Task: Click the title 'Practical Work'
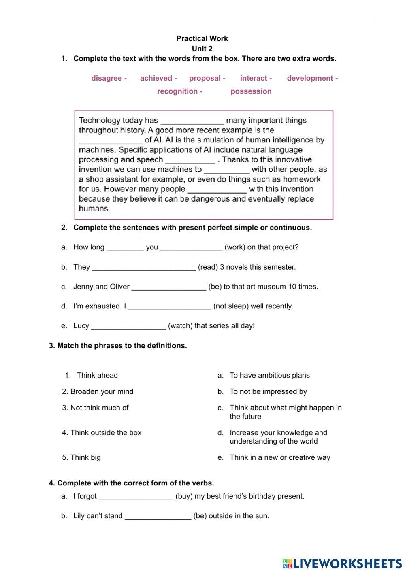pyautogui.click(x=202, y=38)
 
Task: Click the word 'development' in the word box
pyautogui.click(x=310, y=78)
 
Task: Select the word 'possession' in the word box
pyautogui.click(x=251, y=91)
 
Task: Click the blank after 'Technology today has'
pyautogui.click(x=192, y=121)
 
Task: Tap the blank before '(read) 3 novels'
pyautogui.click(x=144, y=267)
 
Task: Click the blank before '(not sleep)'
pyautogui.click(x=169, y=306)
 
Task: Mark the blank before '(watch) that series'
pyautogui.click(x=128, y=326)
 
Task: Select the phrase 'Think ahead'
pyautogui.click(x=97, y=375)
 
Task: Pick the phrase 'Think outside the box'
pyautogui.click(x=106, y=432)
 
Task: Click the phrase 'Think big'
pyautogui.click(x=85, y=457)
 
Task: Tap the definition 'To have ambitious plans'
pyautogui.click(x=269, y=375)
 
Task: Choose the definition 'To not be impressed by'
pyautogui.click(x=268, y=391)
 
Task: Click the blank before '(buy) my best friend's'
pyautogui.click(x=136, y=496)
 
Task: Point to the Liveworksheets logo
pyautogui.click(x=342, y=563)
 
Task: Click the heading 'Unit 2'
pyautogui.click(x=202, y=49)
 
